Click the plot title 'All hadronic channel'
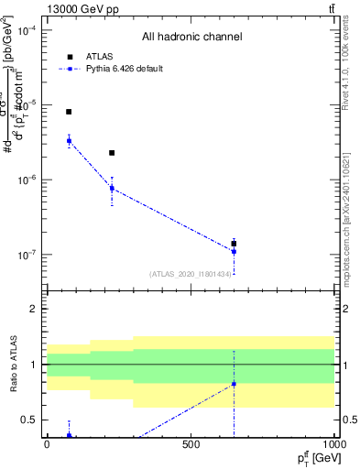click(x=191, y=38)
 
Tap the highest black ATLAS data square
click(x=69, y=112)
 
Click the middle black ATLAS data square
click(x=112, y=153)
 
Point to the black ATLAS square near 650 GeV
click(x=234, y=244)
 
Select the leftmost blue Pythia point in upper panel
click(x=69, y=140)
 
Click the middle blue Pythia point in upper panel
click(x=112, y=189)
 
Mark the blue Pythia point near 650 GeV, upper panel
click(x=234, y=251)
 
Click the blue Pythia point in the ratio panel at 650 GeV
click(x=234, y=384)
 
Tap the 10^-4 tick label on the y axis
click(x=27, y=30)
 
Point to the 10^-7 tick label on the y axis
click(x=27, y=255)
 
